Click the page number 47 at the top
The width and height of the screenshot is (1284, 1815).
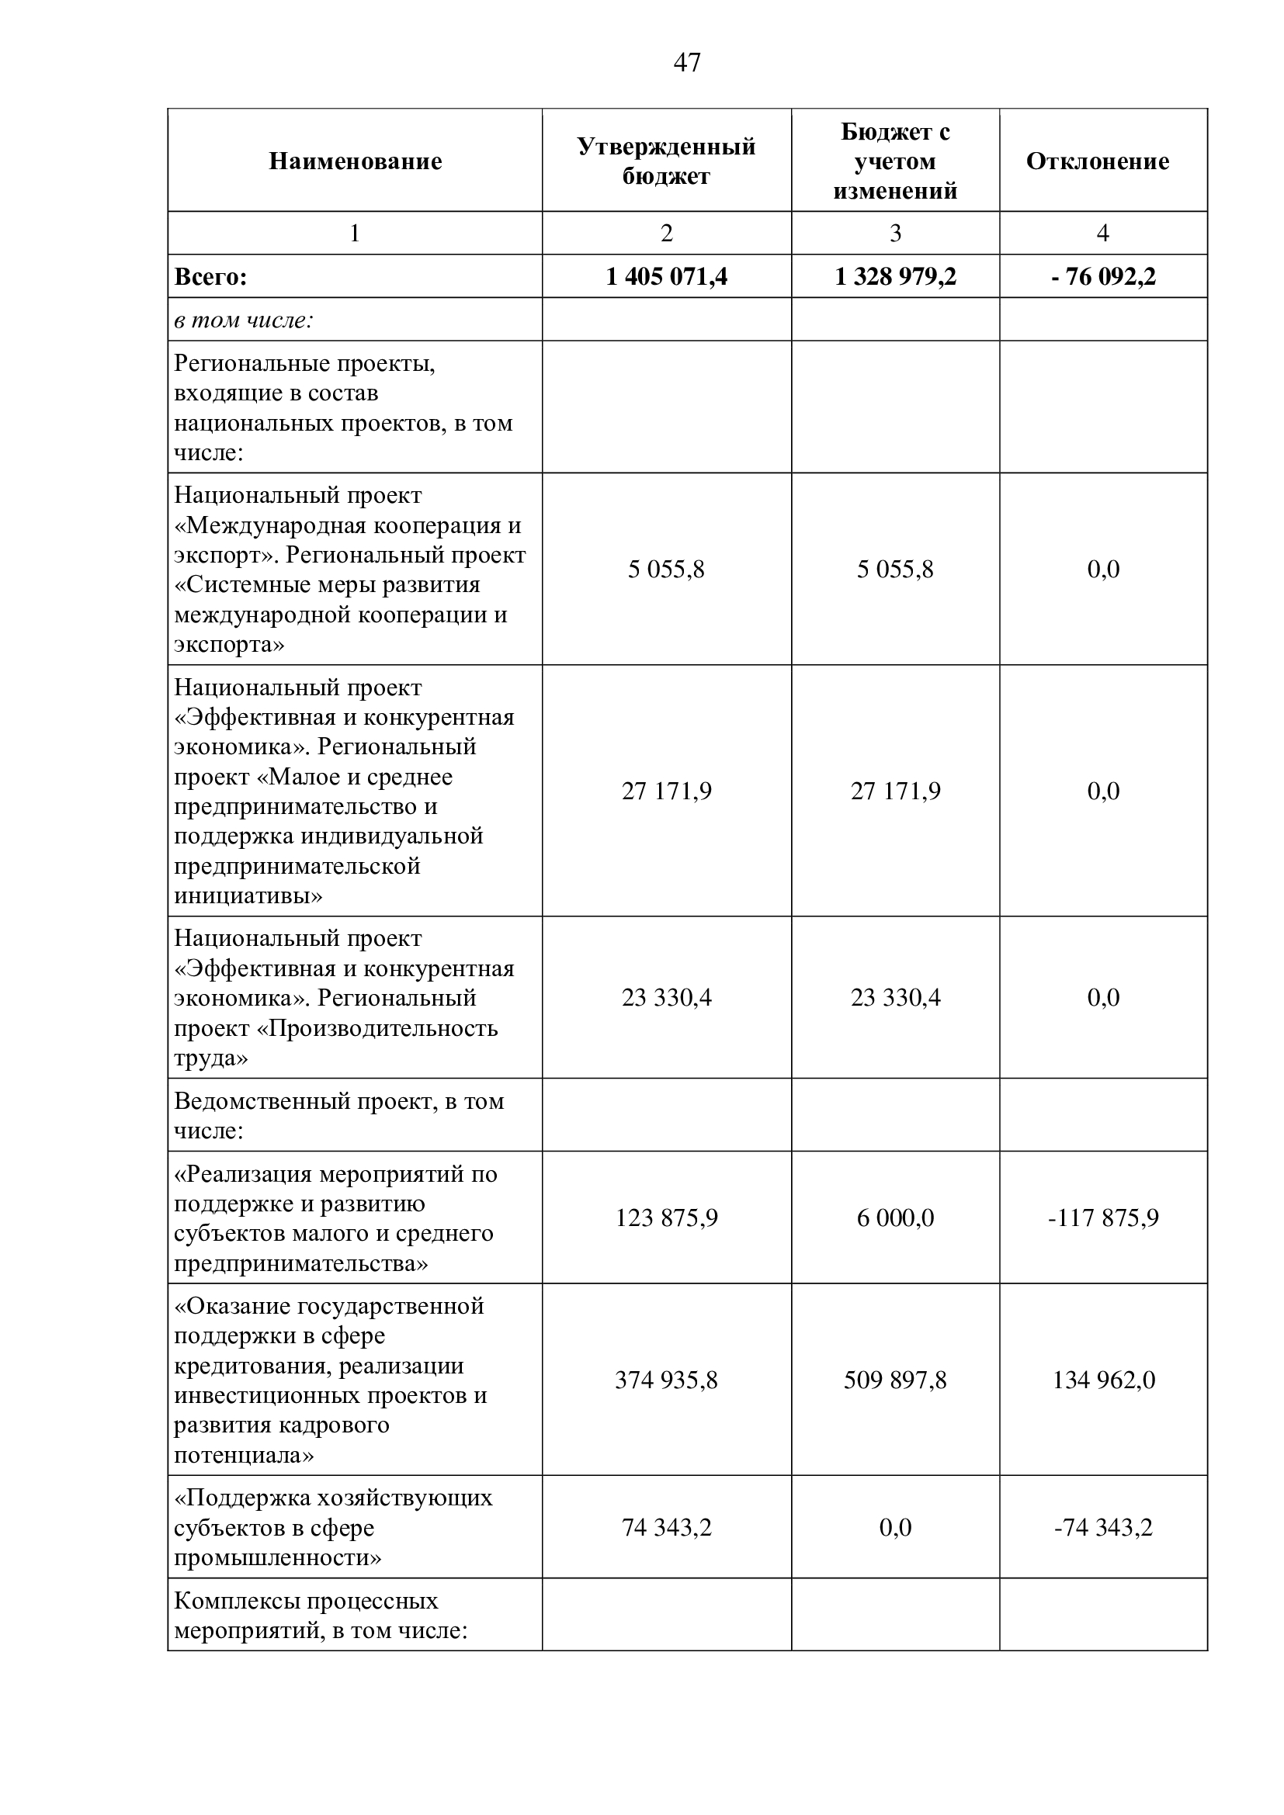686,62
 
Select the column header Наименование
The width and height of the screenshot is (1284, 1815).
355,161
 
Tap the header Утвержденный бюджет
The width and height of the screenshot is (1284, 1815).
666,161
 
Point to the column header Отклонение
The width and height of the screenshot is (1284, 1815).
1098,161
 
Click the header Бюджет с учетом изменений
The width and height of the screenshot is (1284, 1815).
895,161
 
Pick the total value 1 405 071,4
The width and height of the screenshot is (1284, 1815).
667,277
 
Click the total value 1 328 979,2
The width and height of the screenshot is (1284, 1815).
895,277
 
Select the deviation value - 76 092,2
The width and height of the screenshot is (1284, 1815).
1103,277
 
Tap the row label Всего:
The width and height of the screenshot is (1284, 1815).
210,277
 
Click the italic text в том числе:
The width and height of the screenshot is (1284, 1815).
244,320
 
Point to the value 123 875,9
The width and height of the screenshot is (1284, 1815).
667,1218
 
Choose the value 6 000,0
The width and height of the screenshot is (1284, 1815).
895,1218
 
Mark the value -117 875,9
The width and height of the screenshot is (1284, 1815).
1103,1218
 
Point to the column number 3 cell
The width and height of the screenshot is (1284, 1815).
895,234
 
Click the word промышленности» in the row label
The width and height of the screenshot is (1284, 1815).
277,1557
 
